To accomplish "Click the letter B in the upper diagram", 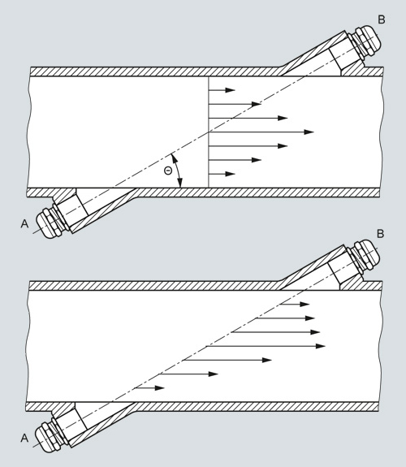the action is (382, 19).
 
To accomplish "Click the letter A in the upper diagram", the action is (24, 223).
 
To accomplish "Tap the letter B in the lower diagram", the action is (380, 234).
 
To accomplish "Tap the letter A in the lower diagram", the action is (24, 438).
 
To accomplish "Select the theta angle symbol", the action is (168, 171).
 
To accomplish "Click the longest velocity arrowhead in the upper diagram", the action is (309, 132).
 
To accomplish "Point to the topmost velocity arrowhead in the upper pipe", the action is (231, 90).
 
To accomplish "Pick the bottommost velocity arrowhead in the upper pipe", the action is (231, 174).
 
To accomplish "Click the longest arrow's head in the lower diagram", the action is (320, 346).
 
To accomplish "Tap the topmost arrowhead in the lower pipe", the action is (304, 304).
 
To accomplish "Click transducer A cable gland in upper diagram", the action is (50, 220).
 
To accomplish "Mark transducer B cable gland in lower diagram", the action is (365, 256).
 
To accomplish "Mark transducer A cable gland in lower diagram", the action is (49, 435).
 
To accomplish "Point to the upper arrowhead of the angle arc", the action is (173, 158).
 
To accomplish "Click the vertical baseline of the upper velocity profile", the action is (209, 132).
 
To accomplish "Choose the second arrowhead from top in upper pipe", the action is (257, 104).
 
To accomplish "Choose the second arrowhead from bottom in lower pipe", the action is (214, 374).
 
